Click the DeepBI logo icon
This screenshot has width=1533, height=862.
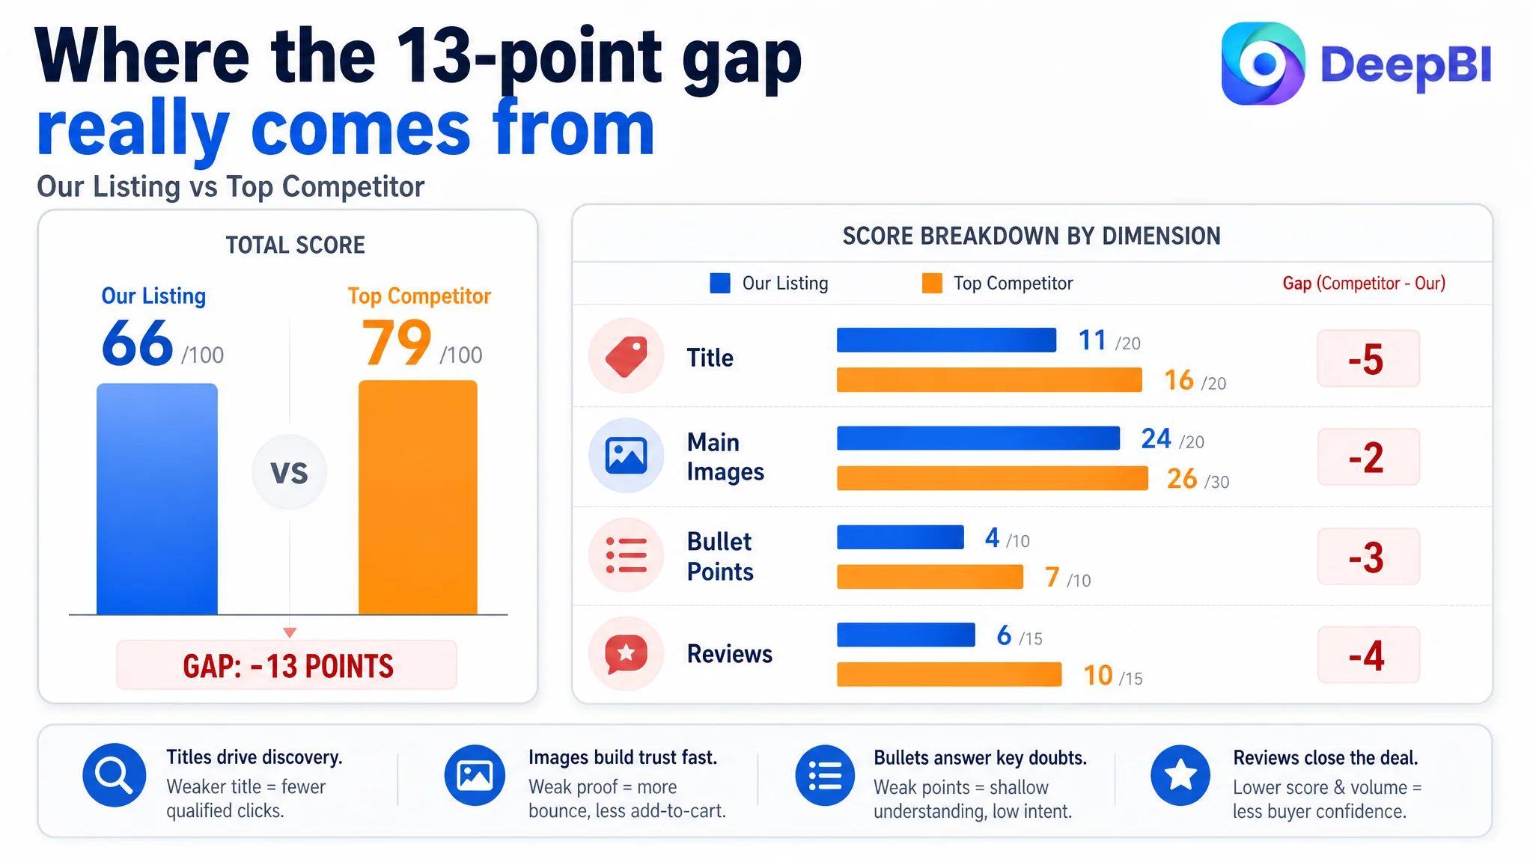tap(1263, 64)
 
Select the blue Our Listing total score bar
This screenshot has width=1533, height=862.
tap(157, 499)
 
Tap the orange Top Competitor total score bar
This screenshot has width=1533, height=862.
tap(418, 498)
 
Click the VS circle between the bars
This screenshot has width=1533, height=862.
tap(290, 472)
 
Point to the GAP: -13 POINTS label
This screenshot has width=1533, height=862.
tap(287, 665)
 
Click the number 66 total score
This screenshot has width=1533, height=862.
tap(138, 343)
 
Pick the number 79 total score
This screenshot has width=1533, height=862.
tap(397, 343)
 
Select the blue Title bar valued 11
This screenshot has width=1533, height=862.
tap(946, 340)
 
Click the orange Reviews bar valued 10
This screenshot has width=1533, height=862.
tap(949, 674)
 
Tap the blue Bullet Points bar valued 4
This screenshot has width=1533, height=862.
tap(900, 537)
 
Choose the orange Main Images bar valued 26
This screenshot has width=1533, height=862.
tap(993, 478)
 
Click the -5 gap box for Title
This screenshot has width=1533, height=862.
tap(1368, 358)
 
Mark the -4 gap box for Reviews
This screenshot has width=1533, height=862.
tap(1368, 655)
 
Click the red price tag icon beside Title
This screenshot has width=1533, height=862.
tap(627, 356)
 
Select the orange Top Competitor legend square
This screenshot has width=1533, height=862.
tap(932, 284)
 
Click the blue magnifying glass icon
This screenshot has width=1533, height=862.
tap(115, 775)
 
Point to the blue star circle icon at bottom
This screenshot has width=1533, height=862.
tap(1180, 775)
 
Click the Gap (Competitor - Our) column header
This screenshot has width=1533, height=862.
tap(1364, 284)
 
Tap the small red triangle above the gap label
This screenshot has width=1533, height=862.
tap(290, 633)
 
